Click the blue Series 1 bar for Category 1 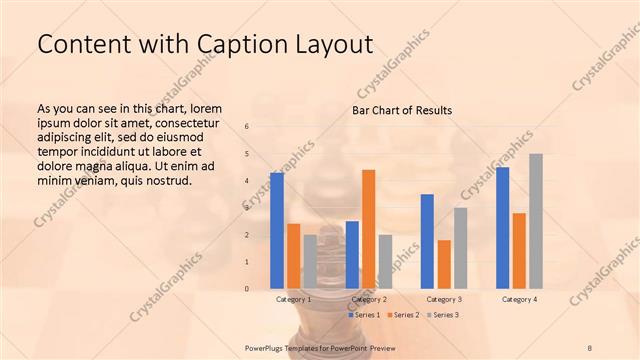pos(277,231)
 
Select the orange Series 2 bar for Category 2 pos(368,229)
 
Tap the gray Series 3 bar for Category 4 pos(536,221)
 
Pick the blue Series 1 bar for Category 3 pos(427,241)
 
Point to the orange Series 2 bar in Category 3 pos(444,264)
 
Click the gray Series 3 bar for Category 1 pos(310,262)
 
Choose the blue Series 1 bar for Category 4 pos(502,228)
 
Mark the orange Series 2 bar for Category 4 pos(519,251)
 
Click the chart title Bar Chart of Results pos(402,110)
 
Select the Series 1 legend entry pos(365,315)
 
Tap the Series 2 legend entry pos(402,315)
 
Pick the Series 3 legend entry pos(441,315)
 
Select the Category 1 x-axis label pos(293,299)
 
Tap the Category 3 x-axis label pos(444,299)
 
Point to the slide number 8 pos(590,347)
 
